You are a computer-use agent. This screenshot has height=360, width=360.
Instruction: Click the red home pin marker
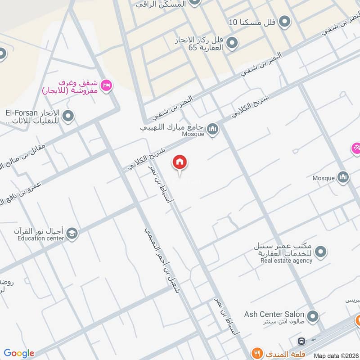pyautogui.click(x=180, y=162)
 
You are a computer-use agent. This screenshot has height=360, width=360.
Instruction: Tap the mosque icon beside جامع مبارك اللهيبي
pyautogui.click(x=213, y=130)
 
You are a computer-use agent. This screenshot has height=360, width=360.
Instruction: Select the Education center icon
pyautogui.click(x=72, y=234)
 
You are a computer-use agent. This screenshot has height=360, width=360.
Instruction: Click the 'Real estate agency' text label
pyautogui.click(x=286, y=261)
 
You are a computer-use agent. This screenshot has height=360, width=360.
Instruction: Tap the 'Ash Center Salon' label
pyautogui.click(x=274, y=314)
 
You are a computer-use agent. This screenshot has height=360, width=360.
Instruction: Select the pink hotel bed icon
pyautogui.click(x=107, y=85)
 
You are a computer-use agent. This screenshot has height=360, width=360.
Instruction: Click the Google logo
pyautogui.click(x=19, y=353)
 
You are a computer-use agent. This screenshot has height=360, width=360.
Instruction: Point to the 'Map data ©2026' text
pyautogui.click(x=336, y=355)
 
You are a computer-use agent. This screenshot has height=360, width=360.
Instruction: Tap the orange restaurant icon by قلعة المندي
pyautogui.click(x=257, y=353)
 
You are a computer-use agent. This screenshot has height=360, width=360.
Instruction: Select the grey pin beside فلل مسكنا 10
pyautogui.click(x=284, y=21)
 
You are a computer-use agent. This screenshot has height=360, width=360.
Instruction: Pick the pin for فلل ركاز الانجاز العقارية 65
pyautogui.click(x=231, y=43)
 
